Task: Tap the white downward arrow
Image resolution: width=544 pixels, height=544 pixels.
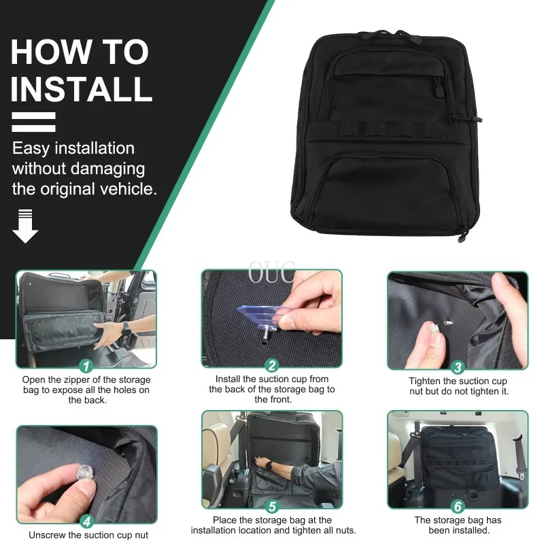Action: point(25,226)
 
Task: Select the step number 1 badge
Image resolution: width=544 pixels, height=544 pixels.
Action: point(86,366)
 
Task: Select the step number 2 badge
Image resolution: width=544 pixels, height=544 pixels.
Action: point(271,365)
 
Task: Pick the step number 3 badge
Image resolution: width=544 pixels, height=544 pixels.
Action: point(458,367)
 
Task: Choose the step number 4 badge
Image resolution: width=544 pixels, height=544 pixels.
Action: point(86,522)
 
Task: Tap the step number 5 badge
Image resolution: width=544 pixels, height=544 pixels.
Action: point(272,507)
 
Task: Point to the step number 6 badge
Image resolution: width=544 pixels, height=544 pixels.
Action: point(458,507)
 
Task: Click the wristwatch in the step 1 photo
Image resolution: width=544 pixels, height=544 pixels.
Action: point(126,328)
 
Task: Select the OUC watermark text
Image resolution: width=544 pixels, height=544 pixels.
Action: point(272,273)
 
